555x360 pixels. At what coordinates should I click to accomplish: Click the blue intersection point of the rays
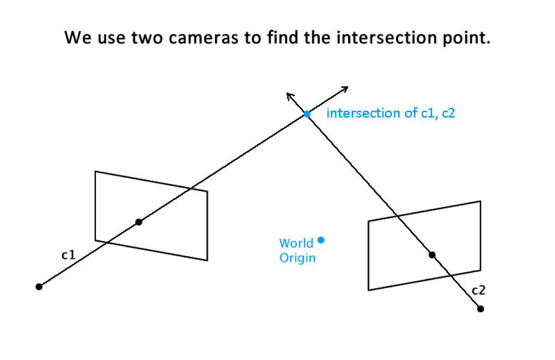[307, 114]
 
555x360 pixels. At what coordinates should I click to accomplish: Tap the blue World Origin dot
[321, 240]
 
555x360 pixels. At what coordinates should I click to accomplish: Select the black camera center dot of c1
[39, 287]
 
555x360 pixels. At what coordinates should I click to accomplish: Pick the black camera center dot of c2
[480, 309]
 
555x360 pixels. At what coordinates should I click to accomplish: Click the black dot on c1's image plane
[139, 222]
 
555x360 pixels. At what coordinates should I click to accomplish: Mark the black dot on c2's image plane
[432, 254]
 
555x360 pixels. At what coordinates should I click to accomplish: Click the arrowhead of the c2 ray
[288, 94]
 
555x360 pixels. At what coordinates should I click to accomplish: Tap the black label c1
[68, 255]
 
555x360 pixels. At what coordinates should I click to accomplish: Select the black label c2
[478, 290]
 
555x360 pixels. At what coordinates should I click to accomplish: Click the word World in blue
[296, 243]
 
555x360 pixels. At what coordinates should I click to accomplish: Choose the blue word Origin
[297, 258]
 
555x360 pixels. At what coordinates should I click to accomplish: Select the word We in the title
[76, 37]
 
